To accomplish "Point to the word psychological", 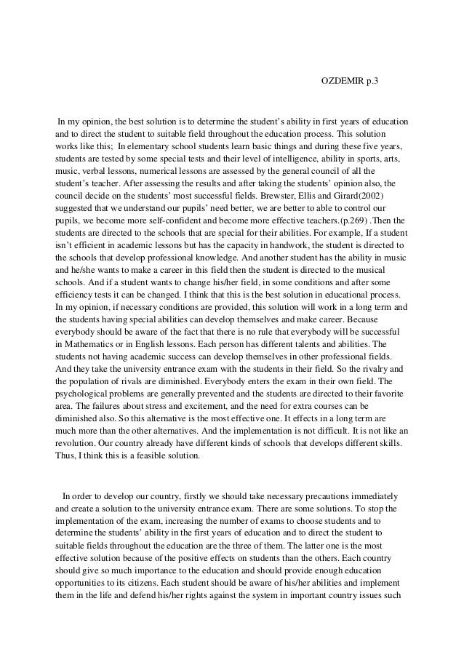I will tap(86, 394).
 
